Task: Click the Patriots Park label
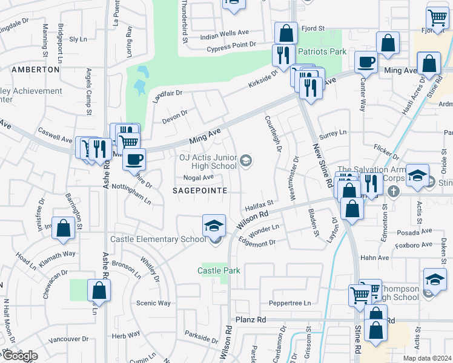(322, 52)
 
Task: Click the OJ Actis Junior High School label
(207, 162)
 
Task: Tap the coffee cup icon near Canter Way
(366, 62)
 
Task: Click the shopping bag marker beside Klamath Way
(64, 228)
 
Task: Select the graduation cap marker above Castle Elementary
(214, 226)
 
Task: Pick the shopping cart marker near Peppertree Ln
(360, 295)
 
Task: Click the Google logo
(19, 356)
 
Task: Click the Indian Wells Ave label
(225, 32)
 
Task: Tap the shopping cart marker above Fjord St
(437, 18)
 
